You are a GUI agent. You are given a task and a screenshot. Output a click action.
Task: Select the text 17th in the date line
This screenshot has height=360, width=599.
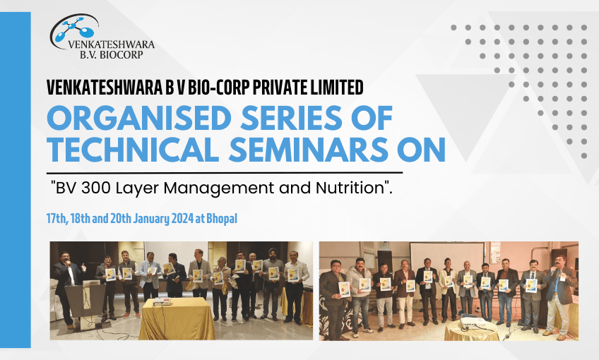(x=58, y=218)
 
